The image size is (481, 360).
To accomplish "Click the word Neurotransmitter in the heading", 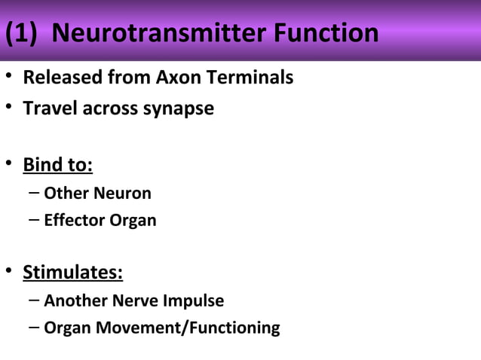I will [x=159, y=34].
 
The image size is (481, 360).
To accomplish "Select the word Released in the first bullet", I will [x=57, y=78].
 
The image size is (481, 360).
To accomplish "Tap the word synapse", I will [x=179, y=108].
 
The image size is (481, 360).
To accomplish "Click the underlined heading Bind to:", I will [x=57, y=164].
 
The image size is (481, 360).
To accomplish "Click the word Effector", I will [x=71, y=221].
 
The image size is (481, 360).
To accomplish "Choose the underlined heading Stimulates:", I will [x=72, y=272].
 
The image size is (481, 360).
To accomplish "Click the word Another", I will [x=75, y=301].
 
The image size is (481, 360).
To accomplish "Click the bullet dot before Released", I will [x=8, y=78].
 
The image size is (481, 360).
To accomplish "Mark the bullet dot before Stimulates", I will [x=8, y=272].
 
